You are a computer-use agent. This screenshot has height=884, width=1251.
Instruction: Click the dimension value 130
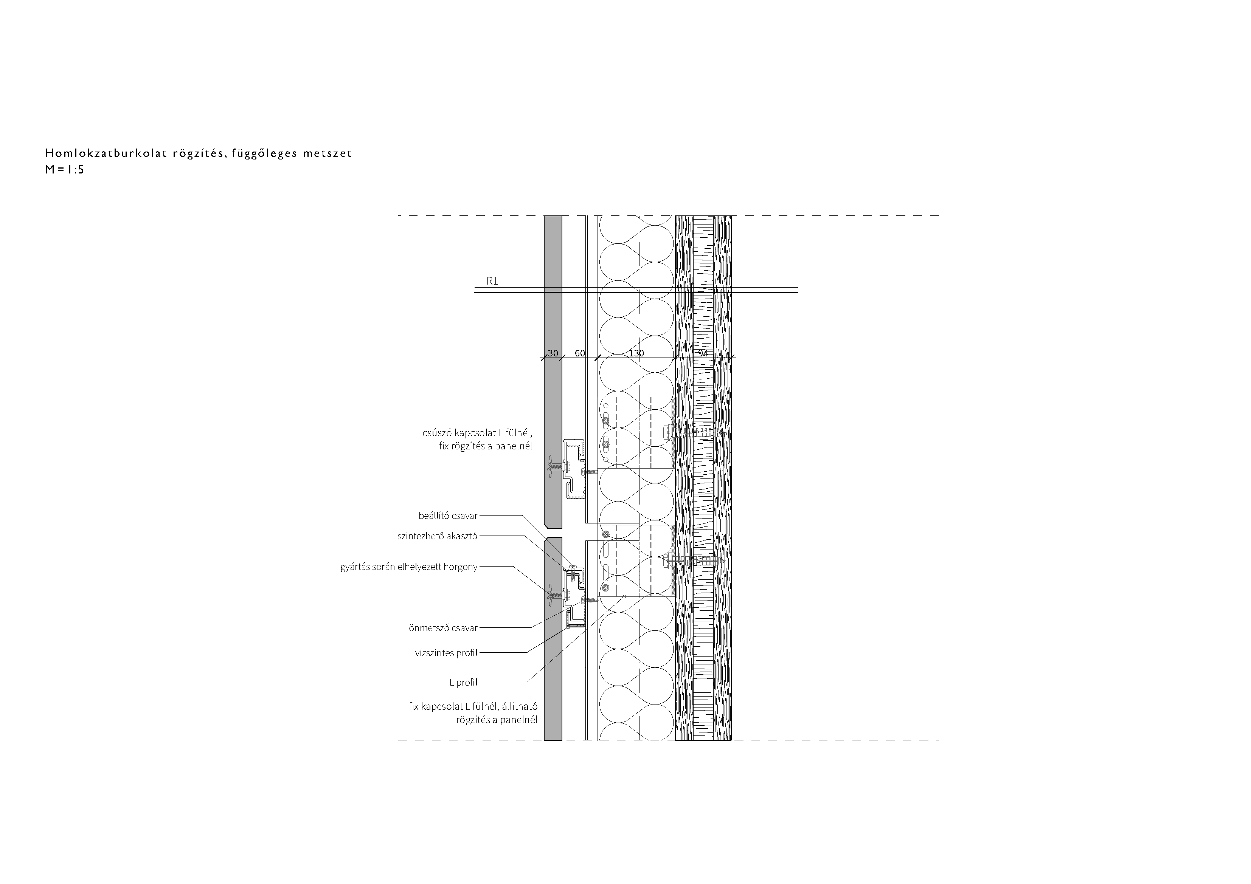click(636, 353)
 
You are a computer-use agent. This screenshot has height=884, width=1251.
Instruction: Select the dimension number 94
click(703, 353)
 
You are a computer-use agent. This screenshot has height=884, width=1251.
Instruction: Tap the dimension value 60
click(580, 353)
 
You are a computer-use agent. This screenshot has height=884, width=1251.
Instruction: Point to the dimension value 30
click(553, 353)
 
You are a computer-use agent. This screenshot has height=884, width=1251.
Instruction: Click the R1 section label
click(492, 281)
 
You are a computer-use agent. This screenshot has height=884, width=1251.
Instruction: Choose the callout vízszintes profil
click(446, 653)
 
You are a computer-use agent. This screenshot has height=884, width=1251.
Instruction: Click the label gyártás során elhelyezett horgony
click(409, 567)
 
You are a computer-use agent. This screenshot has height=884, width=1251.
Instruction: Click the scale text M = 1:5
click(64, 169)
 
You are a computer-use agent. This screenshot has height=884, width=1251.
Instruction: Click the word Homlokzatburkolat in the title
click(106, 153)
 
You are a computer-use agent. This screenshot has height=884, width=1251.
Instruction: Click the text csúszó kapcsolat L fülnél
click(477, 433)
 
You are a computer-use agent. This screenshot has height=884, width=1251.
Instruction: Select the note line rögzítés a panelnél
click(497, 720)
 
